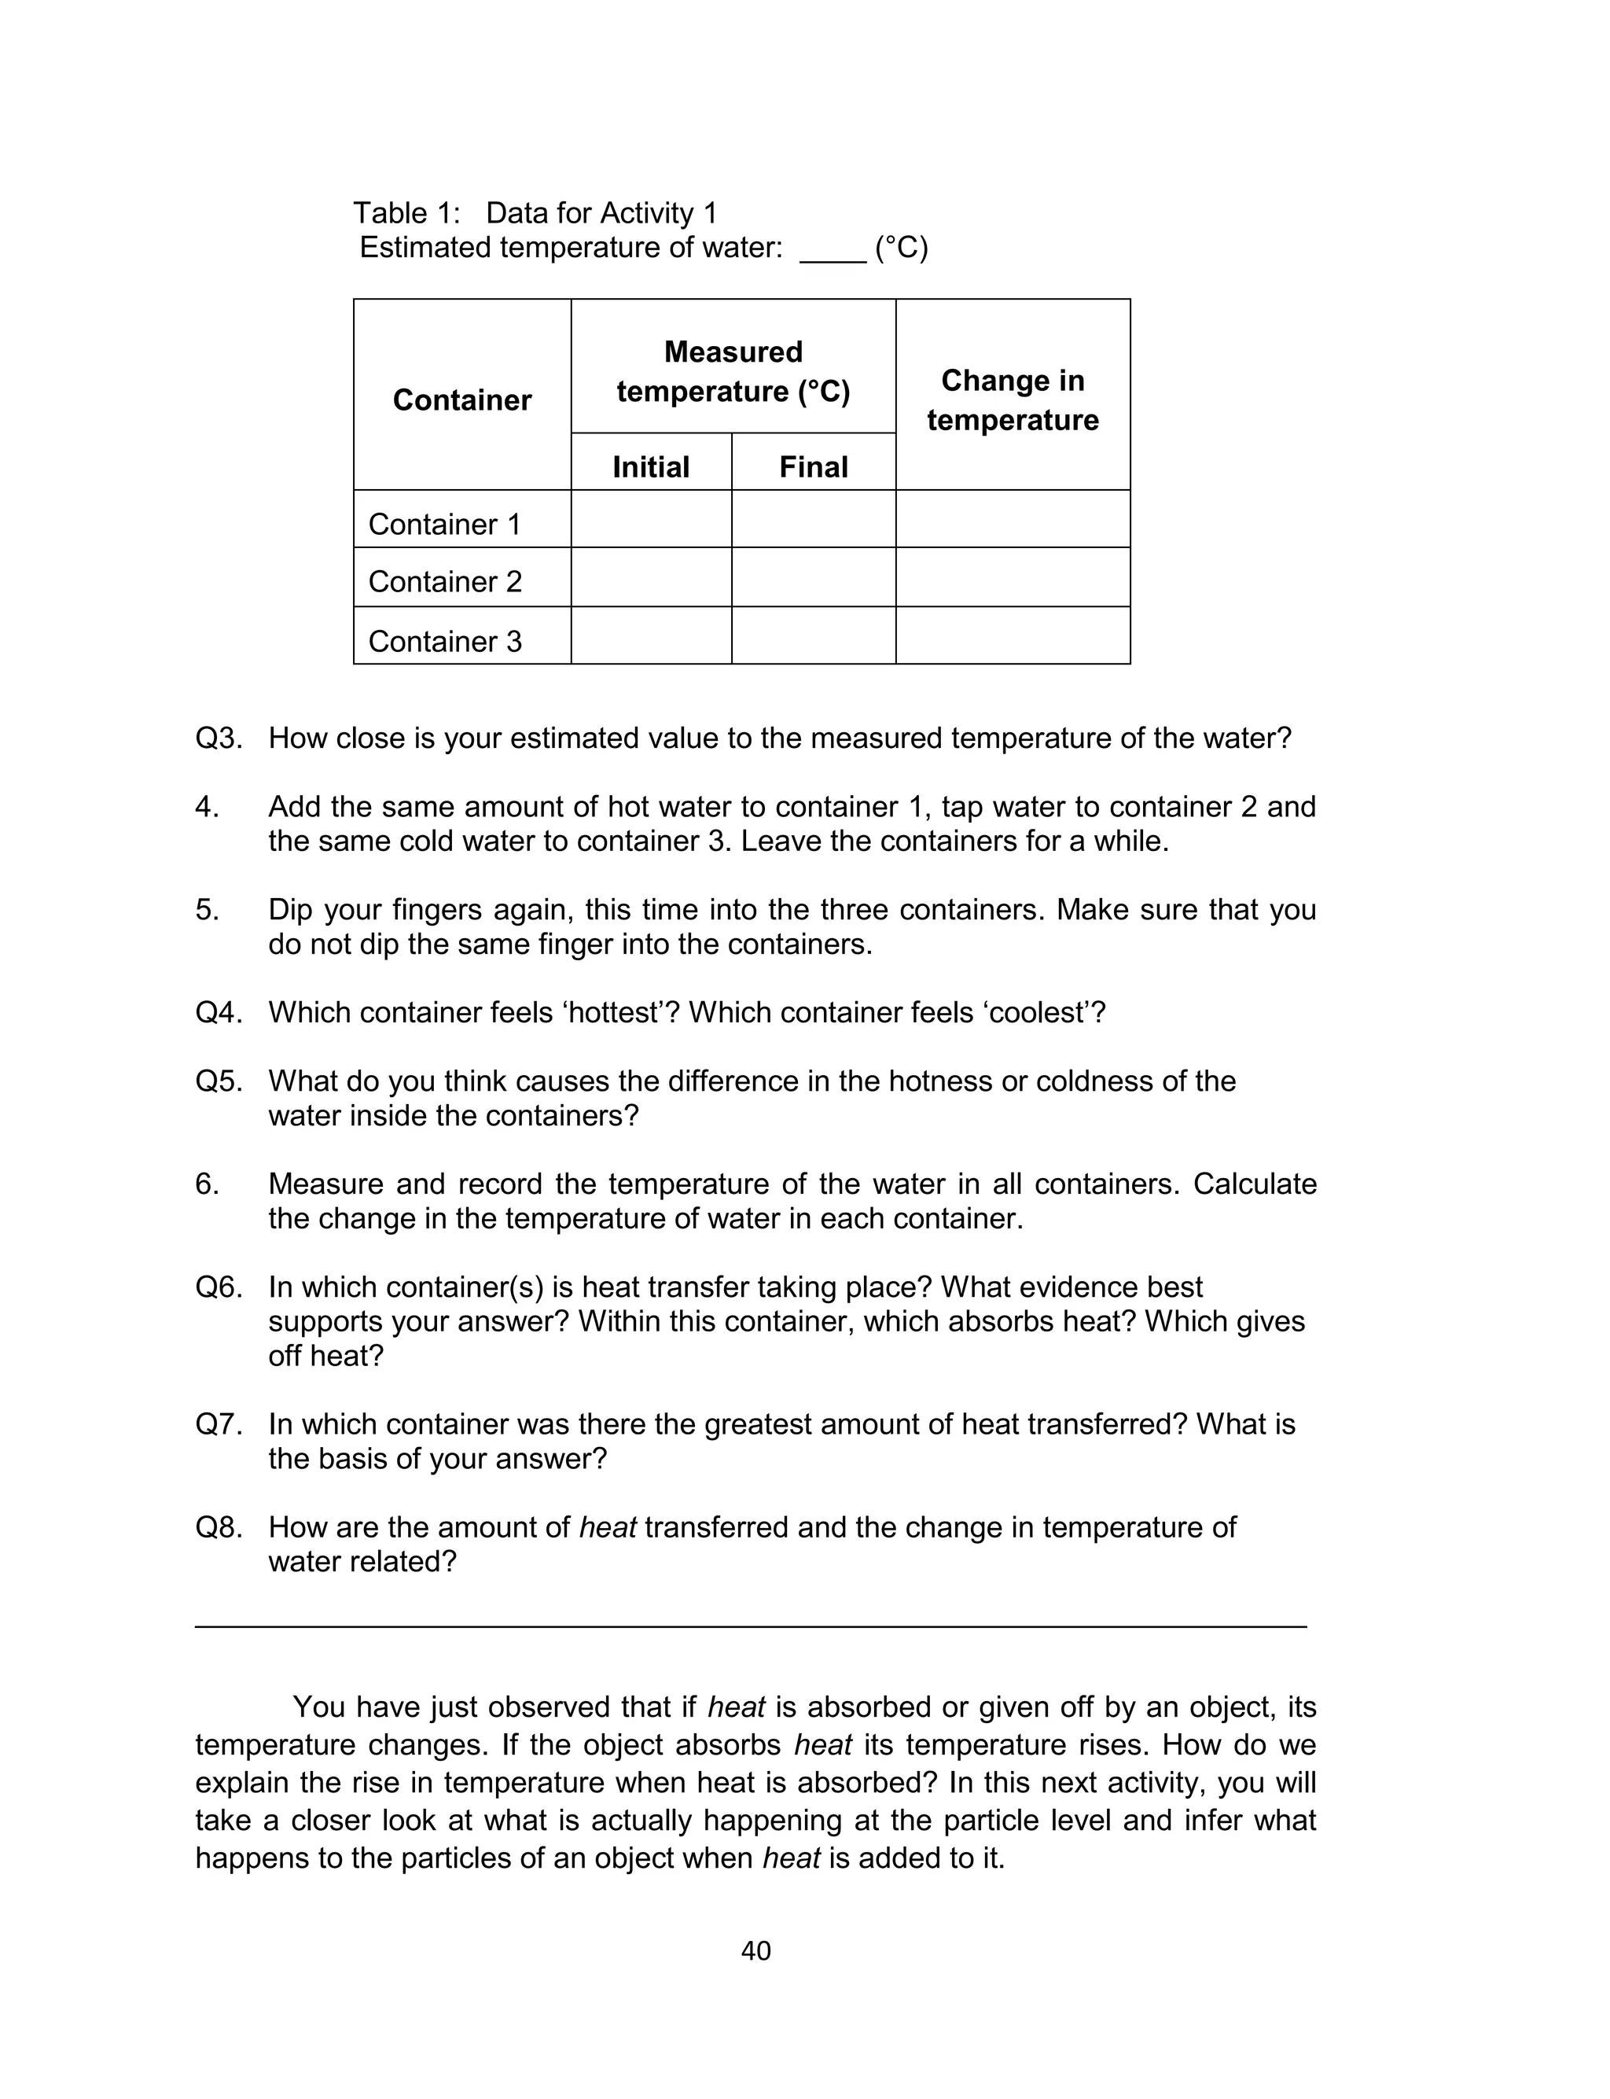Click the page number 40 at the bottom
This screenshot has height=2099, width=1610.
coord(756,1950)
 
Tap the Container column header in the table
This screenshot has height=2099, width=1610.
coord(462,400)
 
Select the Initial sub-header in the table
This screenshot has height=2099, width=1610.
coord(651,467)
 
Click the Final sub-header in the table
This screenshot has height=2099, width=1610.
coord(813,467)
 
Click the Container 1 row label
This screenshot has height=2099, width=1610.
coord(445,525)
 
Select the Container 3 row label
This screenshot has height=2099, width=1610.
coord(445,641)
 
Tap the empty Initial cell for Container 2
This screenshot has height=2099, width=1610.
coord(651,577)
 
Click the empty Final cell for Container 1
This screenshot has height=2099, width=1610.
coord(813,518)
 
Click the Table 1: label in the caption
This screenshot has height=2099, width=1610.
coord(406,213)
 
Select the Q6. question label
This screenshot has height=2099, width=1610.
coord(219,1287)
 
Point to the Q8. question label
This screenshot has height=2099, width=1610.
coord(219,1526)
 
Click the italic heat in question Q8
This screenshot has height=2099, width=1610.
coord(608,1526)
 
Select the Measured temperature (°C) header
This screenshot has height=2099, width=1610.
coord(733,371)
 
